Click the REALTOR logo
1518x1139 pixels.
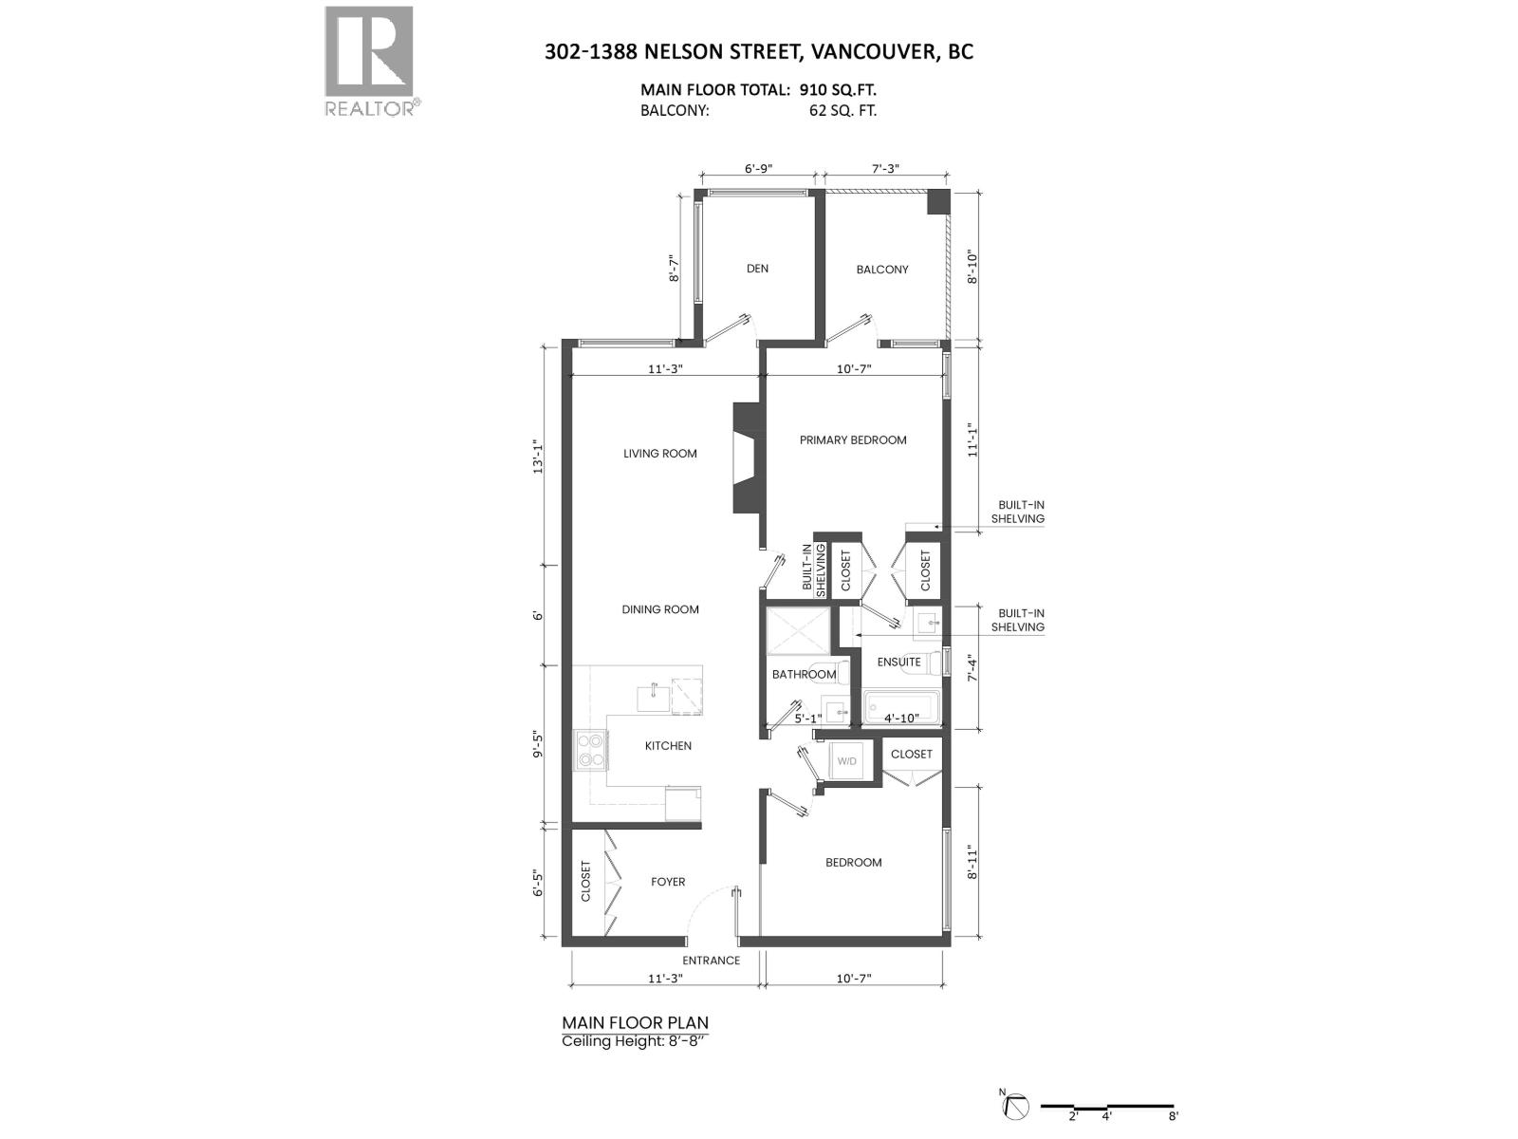coord(369,60)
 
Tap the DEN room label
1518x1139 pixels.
coord(757,269)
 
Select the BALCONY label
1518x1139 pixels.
coord(882,270)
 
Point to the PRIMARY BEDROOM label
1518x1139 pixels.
coord(853,440)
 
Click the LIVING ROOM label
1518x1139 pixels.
coord(660,454)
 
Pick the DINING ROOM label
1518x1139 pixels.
coord(660,609)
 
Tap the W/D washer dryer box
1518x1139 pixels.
coord(845,761)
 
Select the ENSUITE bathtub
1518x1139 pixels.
coord(901,707)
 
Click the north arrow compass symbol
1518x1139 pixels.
coord(1016,1107)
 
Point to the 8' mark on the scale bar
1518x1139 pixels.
coord(1173,1116)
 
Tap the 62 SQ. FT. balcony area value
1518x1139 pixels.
coord(839,110)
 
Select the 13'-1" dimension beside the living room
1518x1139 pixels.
coord(537,456)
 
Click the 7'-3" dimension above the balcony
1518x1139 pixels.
coord(884,169)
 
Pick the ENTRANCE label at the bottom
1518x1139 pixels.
coord(712,961)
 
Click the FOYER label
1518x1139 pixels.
coord(668,882)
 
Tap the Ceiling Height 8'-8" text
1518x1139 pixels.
coord(636,1041)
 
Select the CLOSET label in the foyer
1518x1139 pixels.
coord(585,882)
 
